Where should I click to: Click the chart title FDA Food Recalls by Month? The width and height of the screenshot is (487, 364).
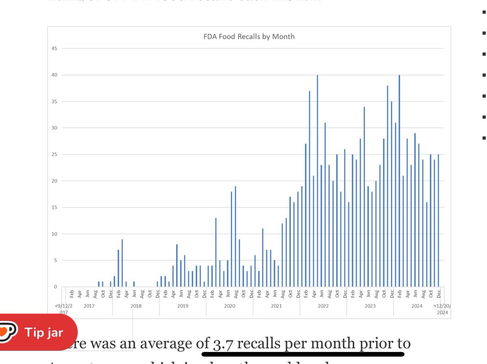249,36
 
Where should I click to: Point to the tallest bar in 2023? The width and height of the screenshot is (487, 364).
388,186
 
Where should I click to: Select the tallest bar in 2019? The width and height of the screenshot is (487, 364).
177,266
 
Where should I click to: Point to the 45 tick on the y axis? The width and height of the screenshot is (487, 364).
54,49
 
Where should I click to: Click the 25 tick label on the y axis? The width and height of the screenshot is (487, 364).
54,154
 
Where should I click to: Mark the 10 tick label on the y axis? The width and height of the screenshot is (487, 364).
54,234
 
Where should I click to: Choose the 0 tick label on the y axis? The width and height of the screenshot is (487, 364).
55,287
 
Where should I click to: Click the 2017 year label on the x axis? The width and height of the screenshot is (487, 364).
89,306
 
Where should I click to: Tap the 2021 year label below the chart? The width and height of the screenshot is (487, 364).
276,306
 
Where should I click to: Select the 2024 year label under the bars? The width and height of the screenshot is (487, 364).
417,306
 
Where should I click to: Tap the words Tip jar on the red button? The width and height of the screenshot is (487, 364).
44,333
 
